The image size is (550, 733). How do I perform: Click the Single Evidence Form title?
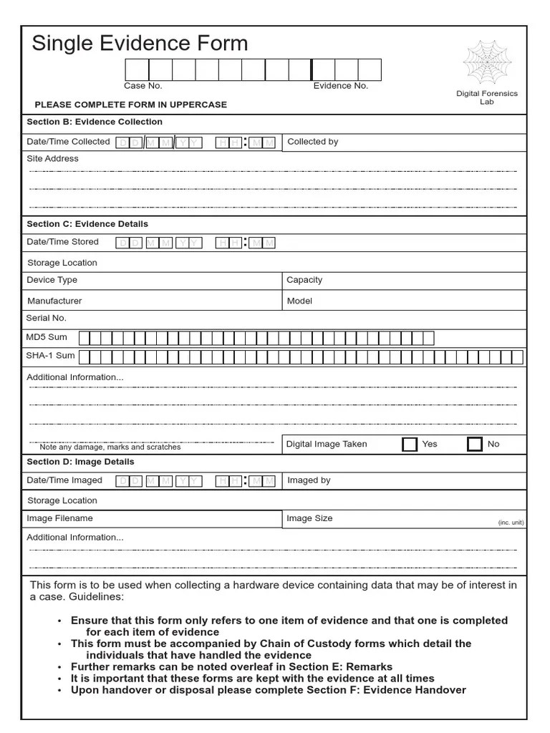[x=140, y=44]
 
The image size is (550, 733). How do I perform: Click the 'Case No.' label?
[x=143, y=86]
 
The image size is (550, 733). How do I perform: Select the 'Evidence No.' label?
[x=341, y=86]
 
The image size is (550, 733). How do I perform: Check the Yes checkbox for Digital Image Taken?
[x=410, y=445]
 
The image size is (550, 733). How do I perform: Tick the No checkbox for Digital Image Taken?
[x=474, y=445]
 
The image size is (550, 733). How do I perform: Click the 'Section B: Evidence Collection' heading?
[x=95, y=122]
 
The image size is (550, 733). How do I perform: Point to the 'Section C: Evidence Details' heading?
[x=87, y=224]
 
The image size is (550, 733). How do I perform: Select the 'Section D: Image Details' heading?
[x=80, y=462]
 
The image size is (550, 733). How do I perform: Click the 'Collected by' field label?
[x=313, y=142]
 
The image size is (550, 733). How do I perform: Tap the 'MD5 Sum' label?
[x=47, y=336]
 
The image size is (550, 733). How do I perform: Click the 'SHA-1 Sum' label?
[x=50, y=356]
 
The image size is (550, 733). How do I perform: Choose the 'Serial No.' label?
[x=47, y=318]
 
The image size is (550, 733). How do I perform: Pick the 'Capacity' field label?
[x=304, y=280]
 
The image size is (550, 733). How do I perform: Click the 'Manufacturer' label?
[x=54, y=301]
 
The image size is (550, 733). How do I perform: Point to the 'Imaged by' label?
[x=309, y=480]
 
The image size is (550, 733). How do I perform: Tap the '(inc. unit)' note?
[x=511, y=523]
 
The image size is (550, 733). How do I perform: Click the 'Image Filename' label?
[x=59, y=518]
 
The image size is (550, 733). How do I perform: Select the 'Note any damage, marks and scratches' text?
[x=110, y=447]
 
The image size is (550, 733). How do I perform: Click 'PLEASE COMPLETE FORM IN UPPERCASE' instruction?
[x=131, y=105]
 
